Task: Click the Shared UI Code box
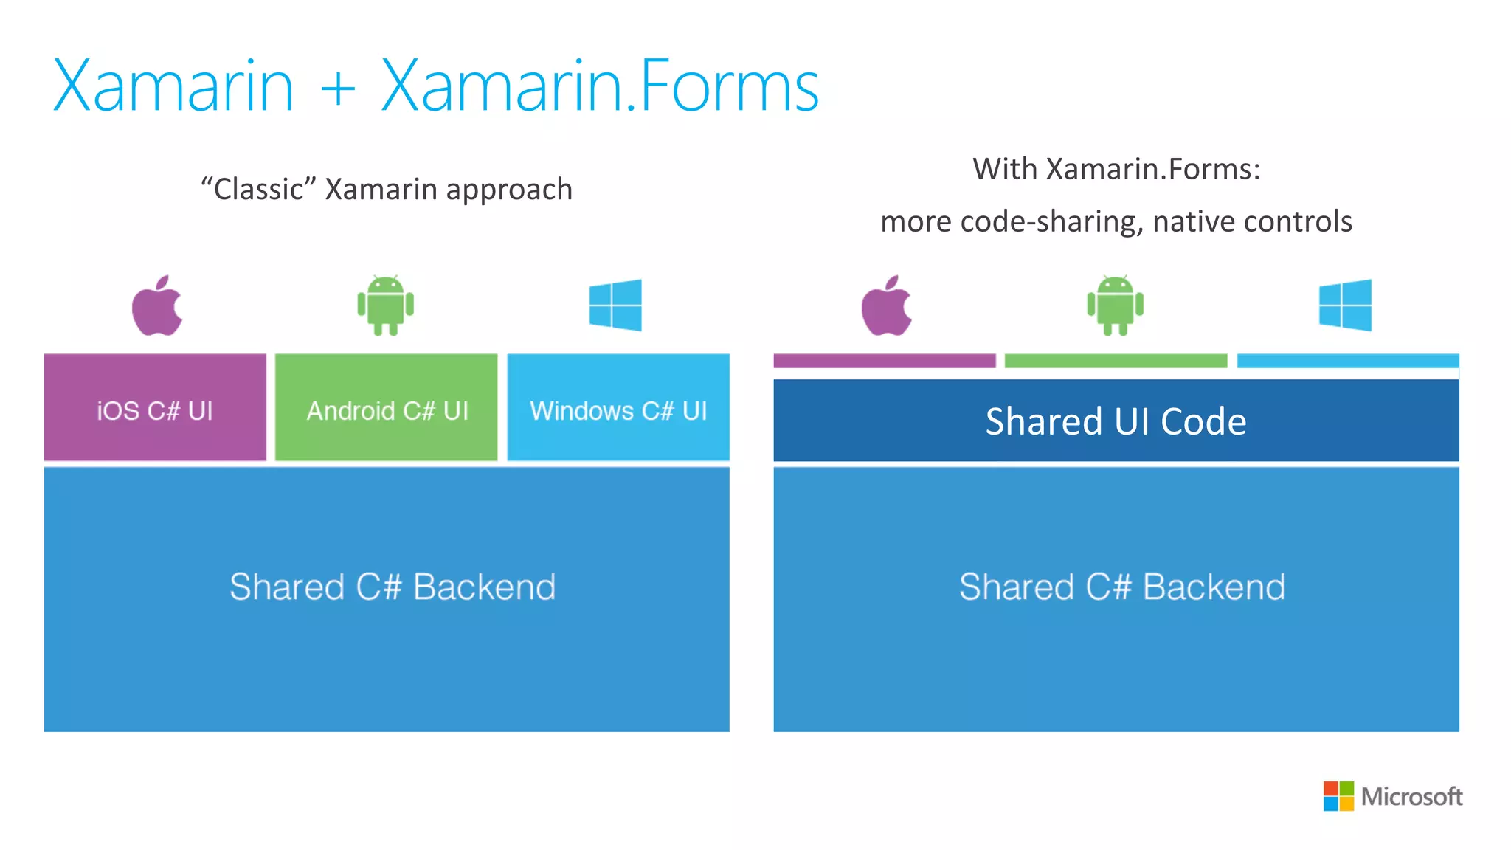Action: [1116, 421]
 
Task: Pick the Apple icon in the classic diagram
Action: [157, 306]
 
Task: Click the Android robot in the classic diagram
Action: [385, 305]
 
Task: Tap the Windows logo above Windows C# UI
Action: [615, 305]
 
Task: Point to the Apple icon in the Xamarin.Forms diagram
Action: [887, 306]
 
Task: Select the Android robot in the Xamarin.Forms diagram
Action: [1115, 305]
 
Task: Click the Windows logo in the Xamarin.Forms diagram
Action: [1345, 305]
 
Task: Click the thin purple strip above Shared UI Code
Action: [885, 361]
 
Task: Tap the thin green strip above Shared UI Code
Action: [1116, 361]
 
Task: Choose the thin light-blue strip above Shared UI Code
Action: [1347, 361]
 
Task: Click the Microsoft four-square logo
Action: [1338, 796]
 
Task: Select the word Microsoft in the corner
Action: [1411, 797]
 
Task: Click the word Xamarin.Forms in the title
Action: [599, 87]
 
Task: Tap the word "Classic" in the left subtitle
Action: [258, 189]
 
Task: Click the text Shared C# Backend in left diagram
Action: [392, 587]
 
